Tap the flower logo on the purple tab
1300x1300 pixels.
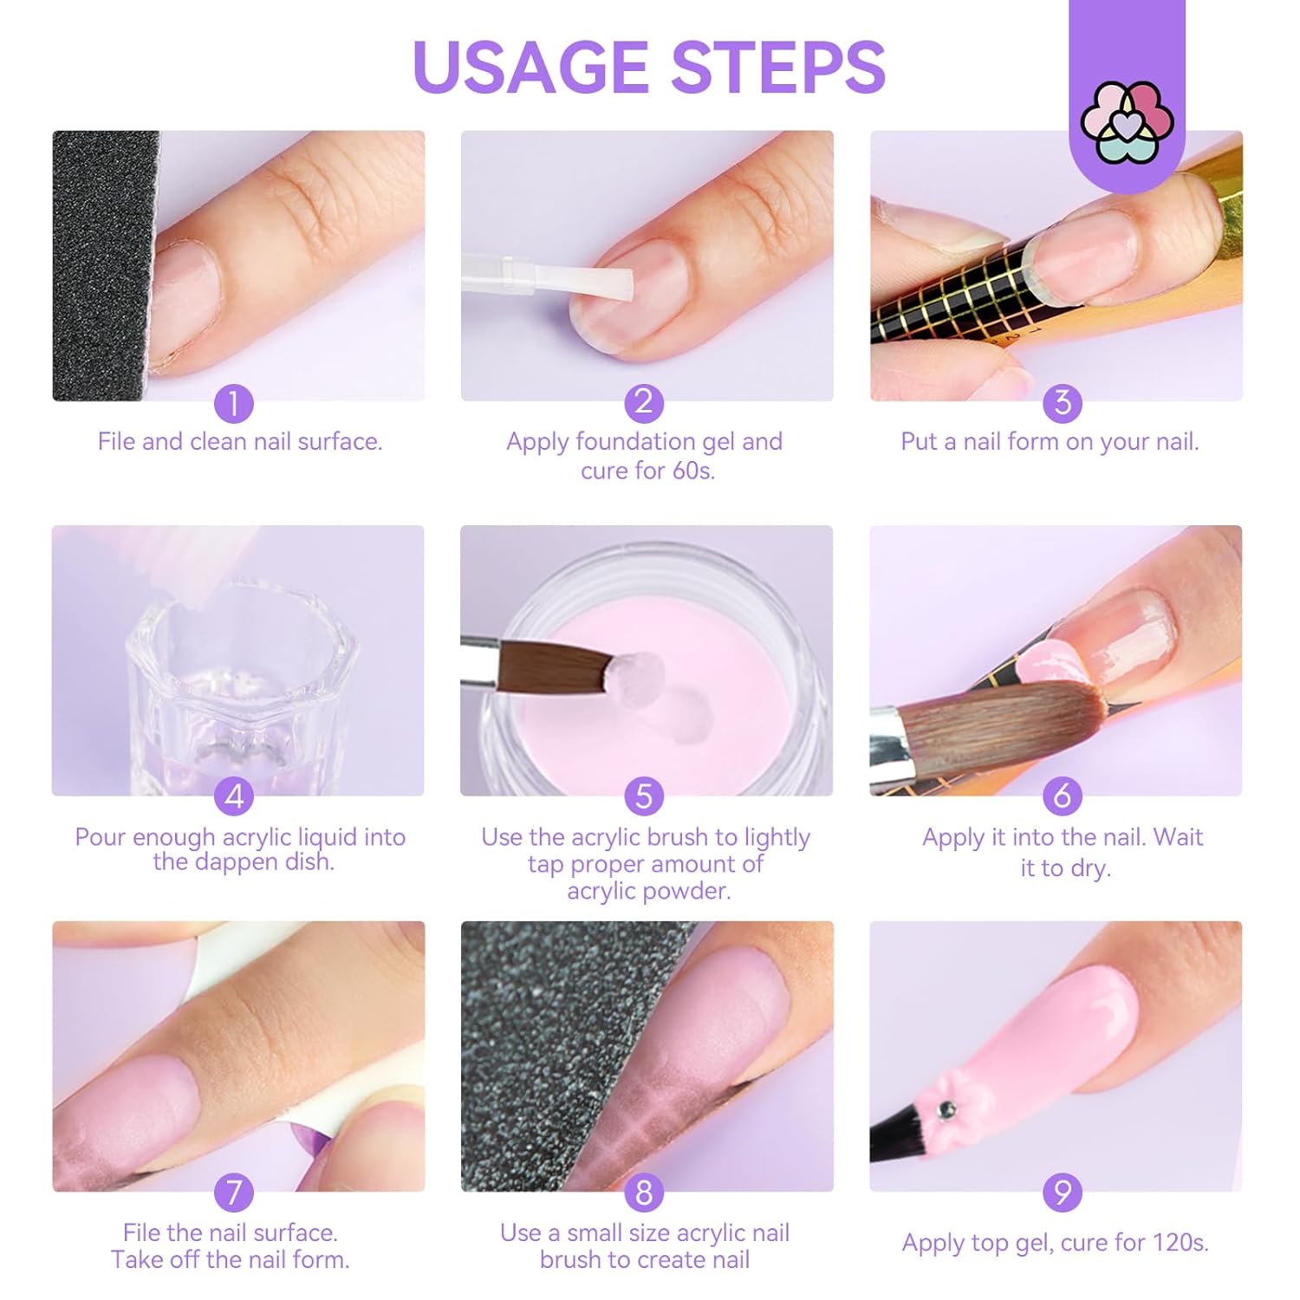coord(1127,122)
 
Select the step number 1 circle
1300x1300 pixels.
coord(234,403)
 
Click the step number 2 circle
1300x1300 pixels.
coord(644,402)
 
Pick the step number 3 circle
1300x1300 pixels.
coord(1062,402)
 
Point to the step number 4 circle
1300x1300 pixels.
coord(234,796)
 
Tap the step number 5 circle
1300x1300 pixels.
coord(644,796)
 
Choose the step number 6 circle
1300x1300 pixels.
coord(1062,796)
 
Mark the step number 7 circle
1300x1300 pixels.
coord(234,1193)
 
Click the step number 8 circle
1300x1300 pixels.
coord(644,1193)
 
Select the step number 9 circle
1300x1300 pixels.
coord(1062,1193)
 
